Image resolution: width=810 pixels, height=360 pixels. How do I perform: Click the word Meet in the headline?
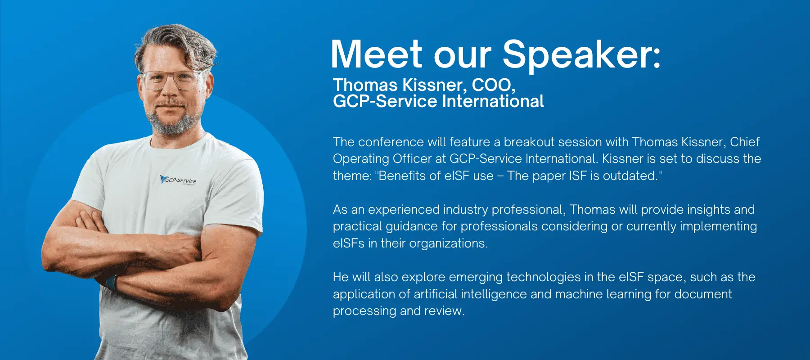point(376,54)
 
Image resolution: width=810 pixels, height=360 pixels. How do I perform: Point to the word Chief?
point(745,142)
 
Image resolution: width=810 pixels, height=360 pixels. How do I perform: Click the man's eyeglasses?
point(173,81)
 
